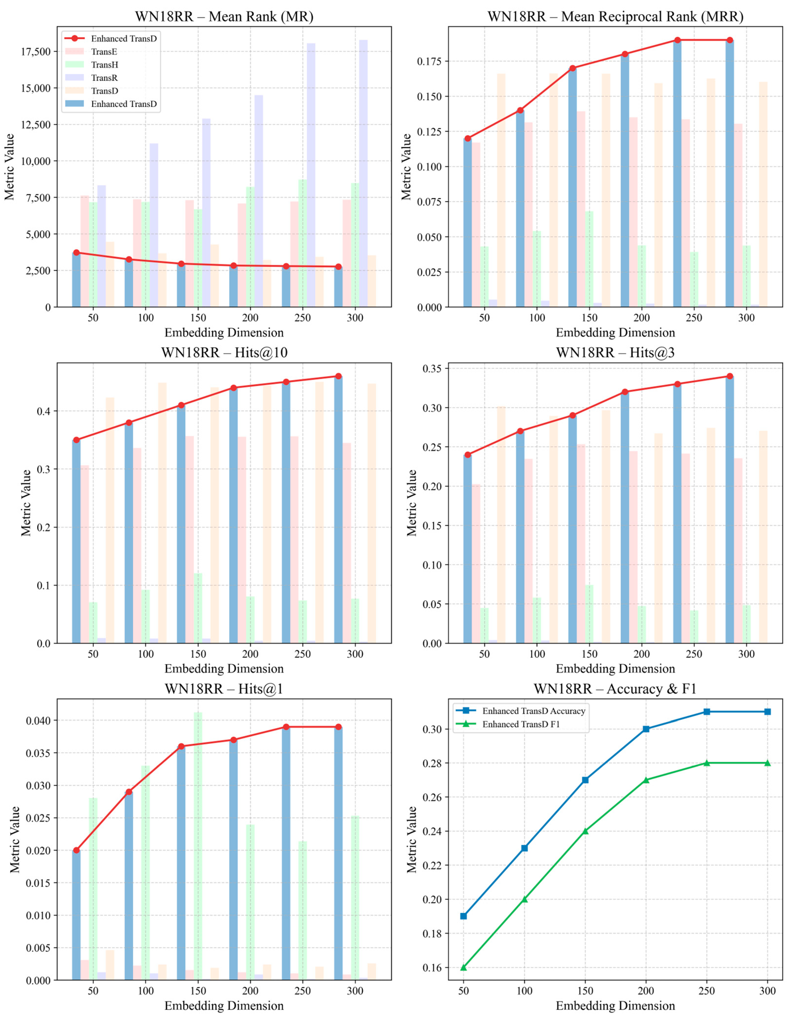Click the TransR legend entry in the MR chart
104,78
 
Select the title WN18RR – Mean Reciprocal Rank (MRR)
615,17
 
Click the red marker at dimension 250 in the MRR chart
677,40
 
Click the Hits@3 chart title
615,353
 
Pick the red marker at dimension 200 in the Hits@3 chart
625,392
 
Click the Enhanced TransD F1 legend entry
521,724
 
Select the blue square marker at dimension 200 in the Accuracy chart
646,729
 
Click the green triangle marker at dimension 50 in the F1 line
463,968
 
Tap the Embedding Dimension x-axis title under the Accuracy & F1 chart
615,1006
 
